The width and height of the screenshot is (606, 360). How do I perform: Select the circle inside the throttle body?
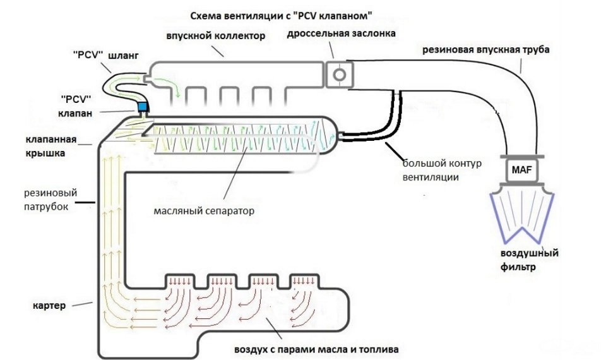(x=340, y=75)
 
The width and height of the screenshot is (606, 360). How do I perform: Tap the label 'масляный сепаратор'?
(x=204, y=211)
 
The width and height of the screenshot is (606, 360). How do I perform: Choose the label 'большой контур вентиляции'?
(x=442, y=171)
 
